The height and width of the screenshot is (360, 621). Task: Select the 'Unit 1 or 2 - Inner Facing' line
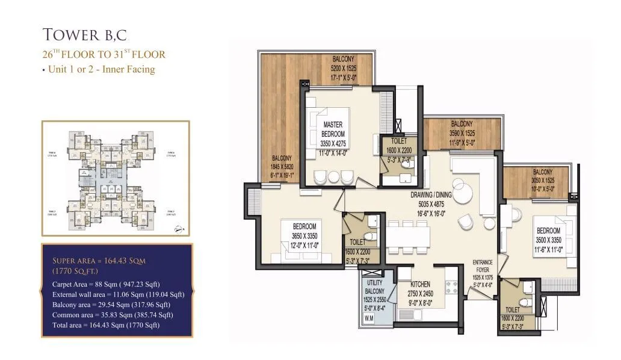coord(98,69)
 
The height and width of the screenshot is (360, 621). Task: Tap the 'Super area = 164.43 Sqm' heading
coord(99,261)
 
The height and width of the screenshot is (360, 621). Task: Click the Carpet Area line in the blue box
coord(106,284)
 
